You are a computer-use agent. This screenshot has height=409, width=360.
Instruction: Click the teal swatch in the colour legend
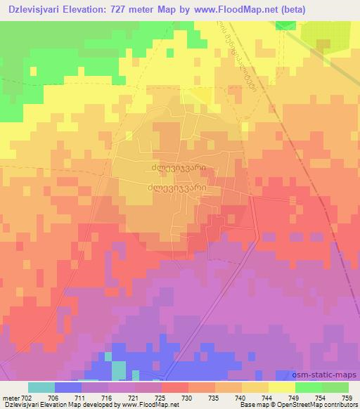[41, 387]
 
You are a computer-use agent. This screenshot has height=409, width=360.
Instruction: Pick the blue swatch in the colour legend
[67, 387]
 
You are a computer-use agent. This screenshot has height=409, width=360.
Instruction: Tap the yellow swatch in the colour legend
[281, 387]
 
